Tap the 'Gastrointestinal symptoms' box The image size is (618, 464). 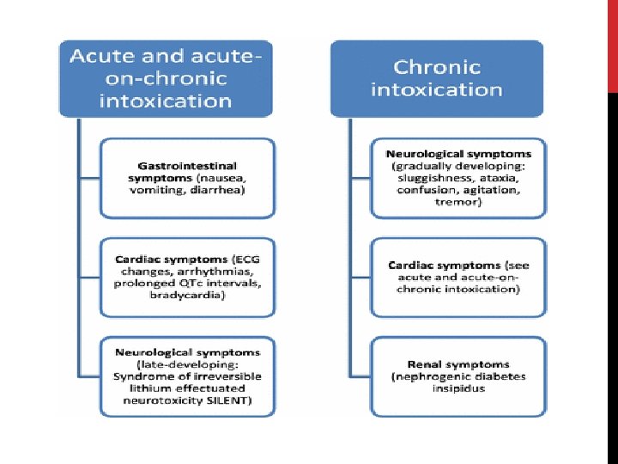coord(186,178)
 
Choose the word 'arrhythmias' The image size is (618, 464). coord(207,270)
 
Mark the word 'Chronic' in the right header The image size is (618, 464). coord(436,66)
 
